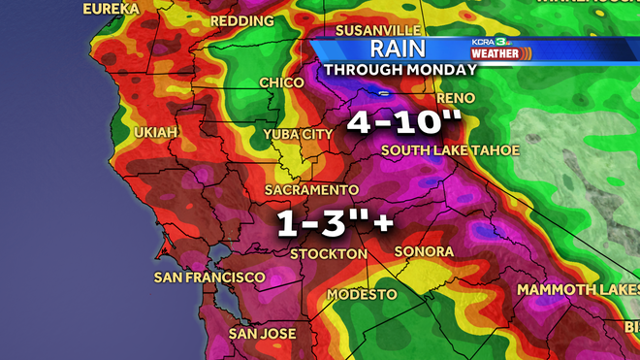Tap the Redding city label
tap(241, 20)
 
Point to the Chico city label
tap(282, 83)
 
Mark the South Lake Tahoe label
tap(450, 150)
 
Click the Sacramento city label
tap(313, 189)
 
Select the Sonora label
tap(424, 251)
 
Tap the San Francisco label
tap(209, 278)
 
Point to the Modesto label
tap(362, 294)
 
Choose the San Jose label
tap(262, 334)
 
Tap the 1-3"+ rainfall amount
tap(336, 222)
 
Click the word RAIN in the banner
tap(400, 49)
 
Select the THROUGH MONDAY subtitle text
tap(400, 70)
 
